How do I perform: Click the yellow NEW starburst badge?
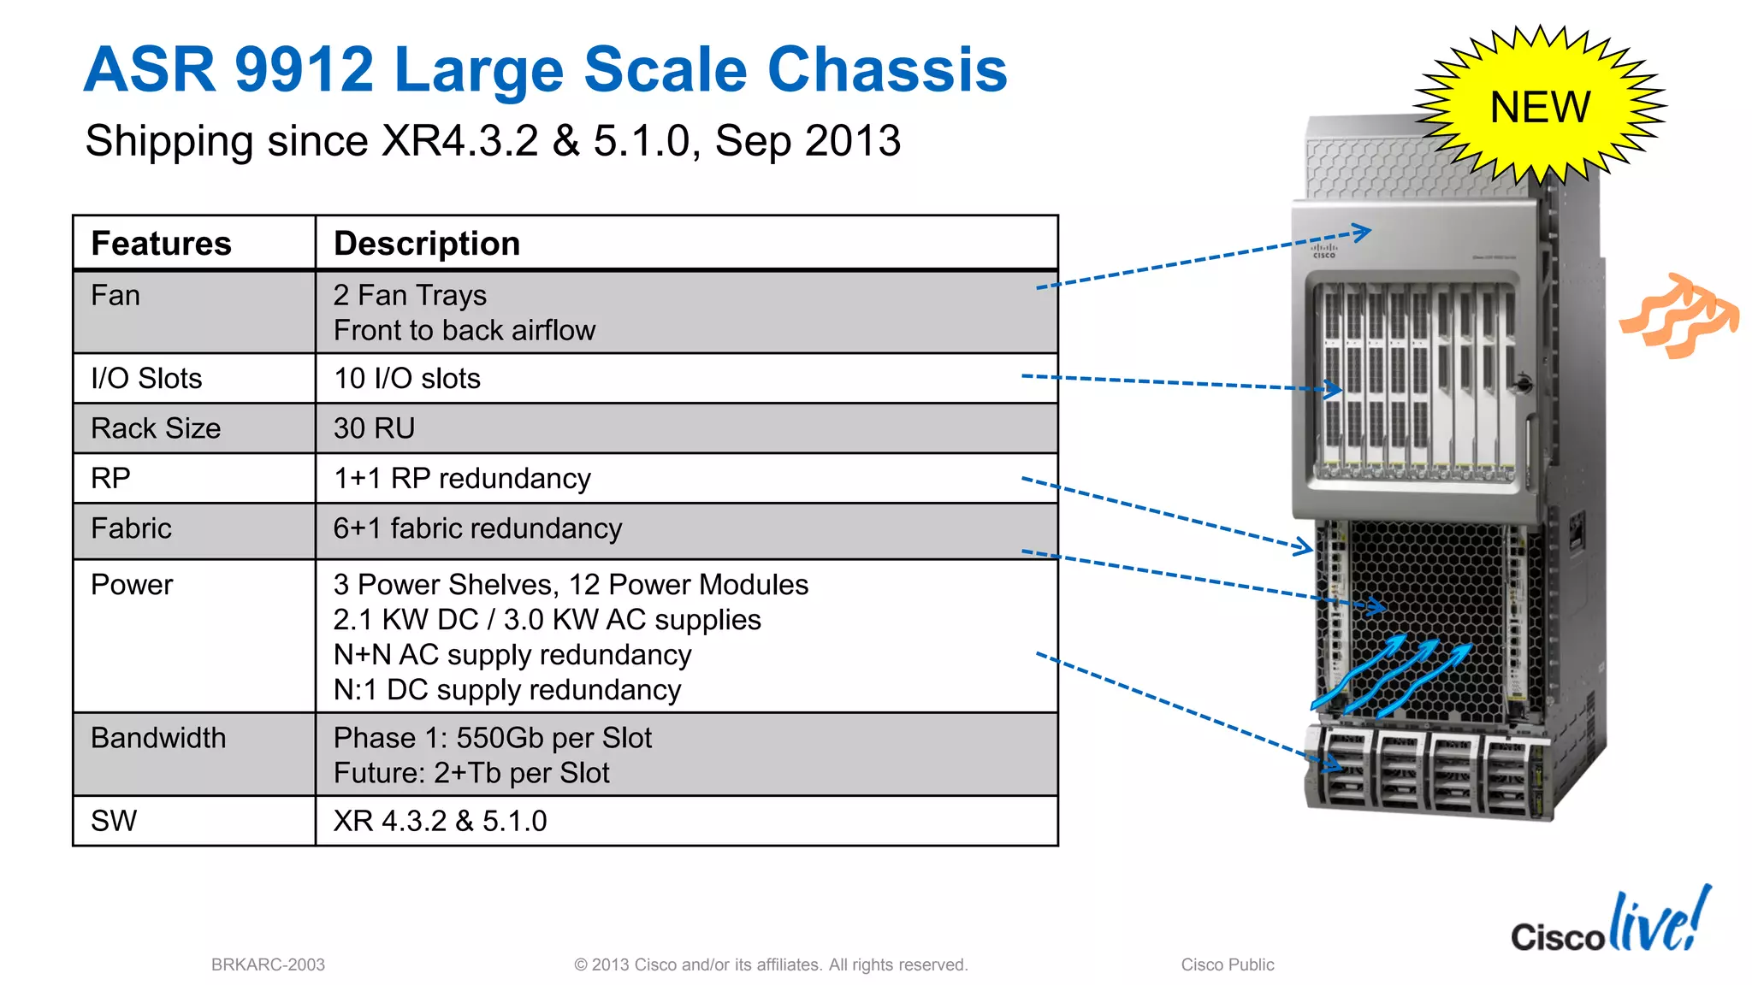click(x=1540, y=107)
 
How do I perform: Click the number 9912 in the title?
click(x=304, y=70)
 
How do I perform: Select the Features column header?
click(x=161, y=244)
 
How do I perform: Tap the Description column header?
click(x=426, y=244)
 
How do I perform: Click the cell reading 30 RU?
click(x=374, y=428)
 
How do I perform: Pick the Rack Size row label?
click(x=156, y=428)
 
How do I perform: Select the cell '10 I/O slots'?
click(x=406, y=379)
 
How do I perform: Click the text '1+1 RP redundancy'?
click(x=462, y=479)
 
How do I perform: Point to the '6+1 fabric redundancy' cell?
click(x=477, y=529)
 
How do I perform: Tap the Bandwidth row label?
click(x=158, y=738)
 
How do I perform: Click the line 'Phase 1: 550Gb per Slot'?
click(x=492, y=738)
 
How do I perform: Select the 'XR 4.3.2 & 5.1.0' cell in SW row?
click(x=440, y=821)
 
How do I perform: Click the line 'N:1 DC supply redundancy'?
click(x=506, y=690)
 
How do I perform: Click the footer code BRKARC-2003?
click(x=268, y=964)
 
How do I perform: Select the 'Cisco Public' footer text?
click(x=1227, y=964)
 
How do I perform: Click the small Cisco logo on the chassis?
click(x=1323, y=251)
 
